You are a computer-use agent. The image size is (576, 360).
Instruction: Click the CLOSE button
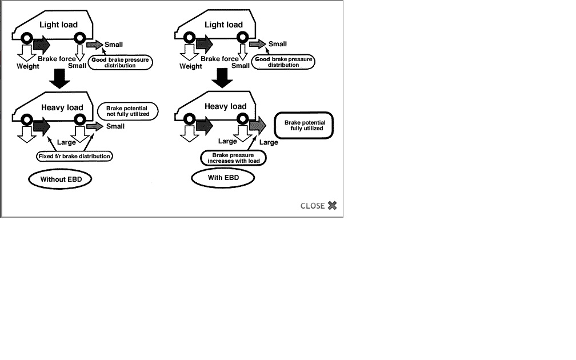[x=318, y=206]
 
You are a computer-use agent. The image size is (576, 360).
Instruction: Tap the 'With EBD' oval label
[x=223, y=178]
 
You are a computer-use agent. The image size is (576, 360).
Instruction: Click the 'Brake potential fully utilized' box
[x=305, y=126]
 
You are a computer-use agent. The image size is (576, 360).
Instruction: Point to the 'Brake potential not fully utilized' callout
[x=127, y=111]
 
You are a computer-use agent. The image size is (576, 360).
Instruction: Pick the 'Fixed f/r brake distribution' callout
[x=75, y=156]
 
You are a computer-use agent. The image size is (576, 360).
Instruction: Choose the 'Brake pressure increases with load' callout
[x=233, y=158]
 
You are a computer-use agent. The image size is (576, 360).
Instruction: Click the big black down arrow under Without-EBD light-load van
[x=59, y=79]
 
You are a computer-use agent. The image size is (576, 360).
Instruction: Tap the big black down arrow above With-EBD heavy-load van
[x=223, y=78]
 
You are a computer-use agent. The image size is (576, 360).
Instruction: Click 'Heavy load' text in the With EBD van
[x=225, y=106]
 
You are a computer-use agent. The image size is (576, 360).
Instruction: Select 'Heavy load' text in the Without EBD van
[x=62, y=107]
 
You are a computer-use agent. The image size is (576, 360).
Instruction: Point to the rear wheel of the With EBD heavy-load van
[x=243, y=119]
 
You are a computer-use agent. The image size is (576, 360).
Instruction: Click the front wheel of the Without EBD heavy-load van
[x=26, y=119]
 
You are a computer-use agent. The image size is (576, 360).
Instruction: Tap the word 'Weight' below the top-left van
[x=27, y=66]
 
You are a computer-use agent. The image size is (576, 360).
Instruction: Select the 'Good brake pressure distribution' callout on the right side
[x=283, y=62]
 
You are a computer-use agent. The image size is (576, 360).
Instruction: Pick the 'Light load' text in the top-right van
[x=223, y=25]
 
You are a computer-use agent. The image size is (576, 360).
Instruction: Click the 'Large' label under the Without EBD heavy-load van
[x=66, y=142]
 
